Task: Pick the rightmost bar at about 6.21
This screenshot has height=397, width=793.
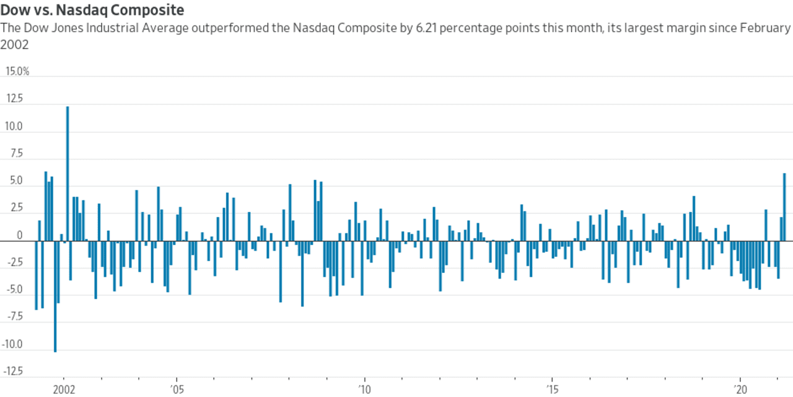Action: (784, 207)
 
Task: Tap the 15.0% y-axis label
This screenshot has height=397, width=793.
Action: (17, 71)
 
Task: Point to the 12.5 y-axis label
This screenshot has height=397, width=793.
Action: (14, 99)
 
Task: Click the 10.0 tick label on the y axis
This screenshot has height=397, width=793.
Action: (14, 127)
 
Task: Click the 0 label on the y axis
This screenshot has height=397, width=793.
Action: (20, 236)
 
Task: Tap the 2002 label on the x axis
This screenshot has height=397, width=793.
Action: (64, 390)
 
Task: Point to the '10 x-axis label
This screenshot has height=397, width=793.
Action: (365, 390)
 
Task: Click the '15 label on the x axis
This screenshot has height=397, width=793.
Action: (552, 390)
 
